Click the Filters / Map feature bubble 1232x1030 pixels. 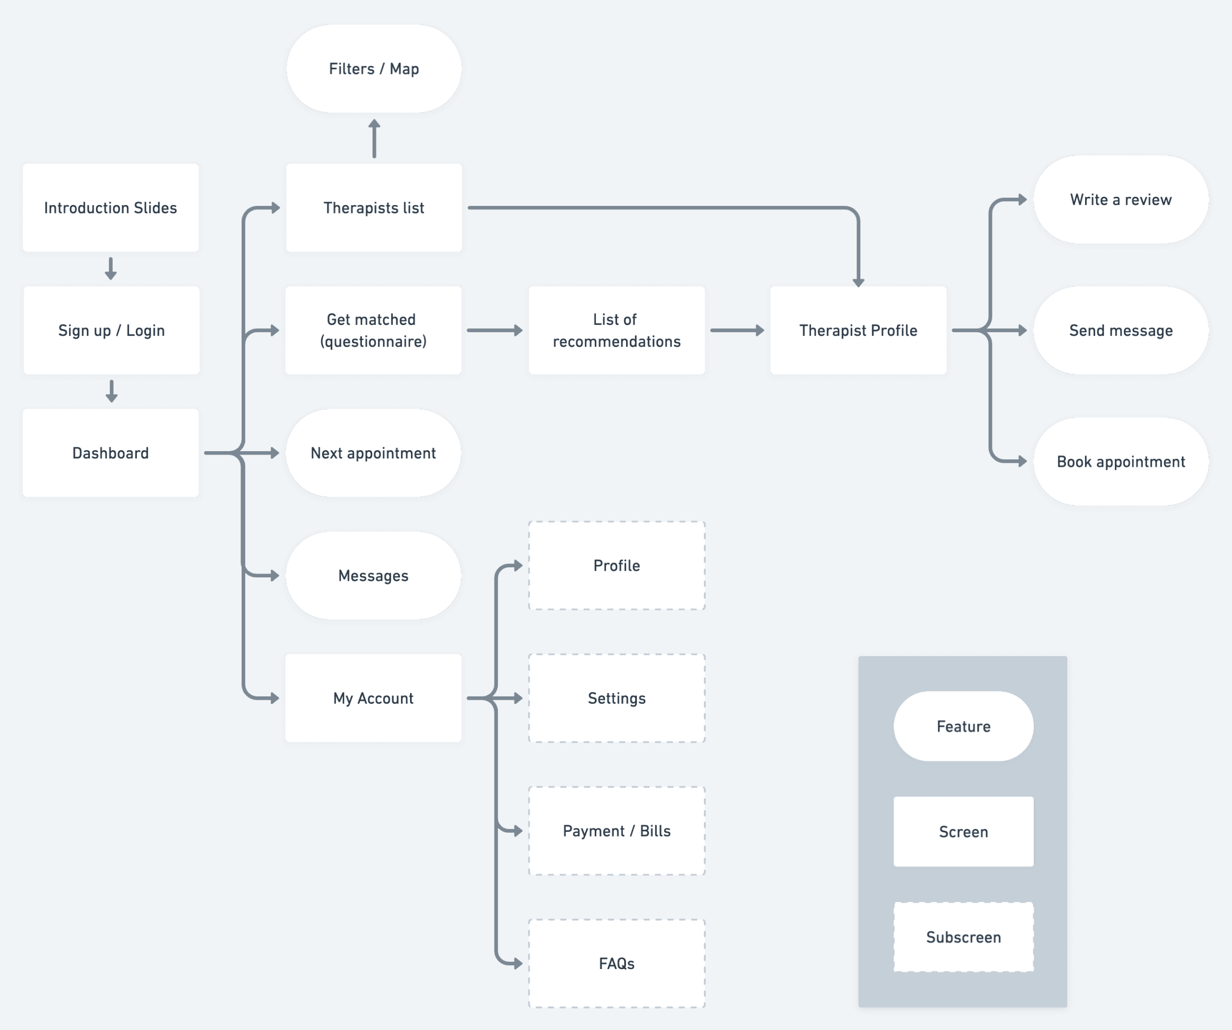[374, 69]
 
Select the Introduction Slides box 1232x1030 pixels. [110, 208]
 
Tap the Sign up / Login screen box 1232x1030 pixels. [111, 330]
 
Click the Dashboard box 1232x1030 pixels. [110, 453]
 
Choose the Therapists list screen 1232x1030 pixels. [374, 208]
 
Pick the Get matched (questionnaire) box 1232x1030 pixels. [373, 330]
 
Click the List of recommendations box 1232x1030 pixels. [616, 330]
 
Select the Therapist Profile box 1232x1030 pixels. [858, 330]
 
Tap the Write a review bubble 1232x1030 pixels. [1121, 200]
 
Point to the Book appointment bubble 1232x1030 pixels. [1121, 462]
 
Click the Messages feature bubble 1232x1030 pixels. [373, 575]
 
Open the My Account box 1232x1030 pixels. [373, 698]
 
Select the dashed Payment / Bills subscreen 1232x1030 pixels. [616, 830]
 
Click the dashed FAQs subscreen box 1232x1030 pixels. [616, 963]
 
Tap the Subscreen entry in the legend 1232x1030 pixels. [963, 937]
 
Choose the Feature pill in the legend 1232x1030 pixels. [963, 726]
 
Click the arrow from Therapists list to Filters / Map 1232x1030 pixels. [374, 139]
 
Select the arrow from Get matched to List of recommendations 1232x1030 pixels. [495, 330]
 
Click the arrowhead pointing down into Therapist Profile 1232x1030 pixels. [858, 282]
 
